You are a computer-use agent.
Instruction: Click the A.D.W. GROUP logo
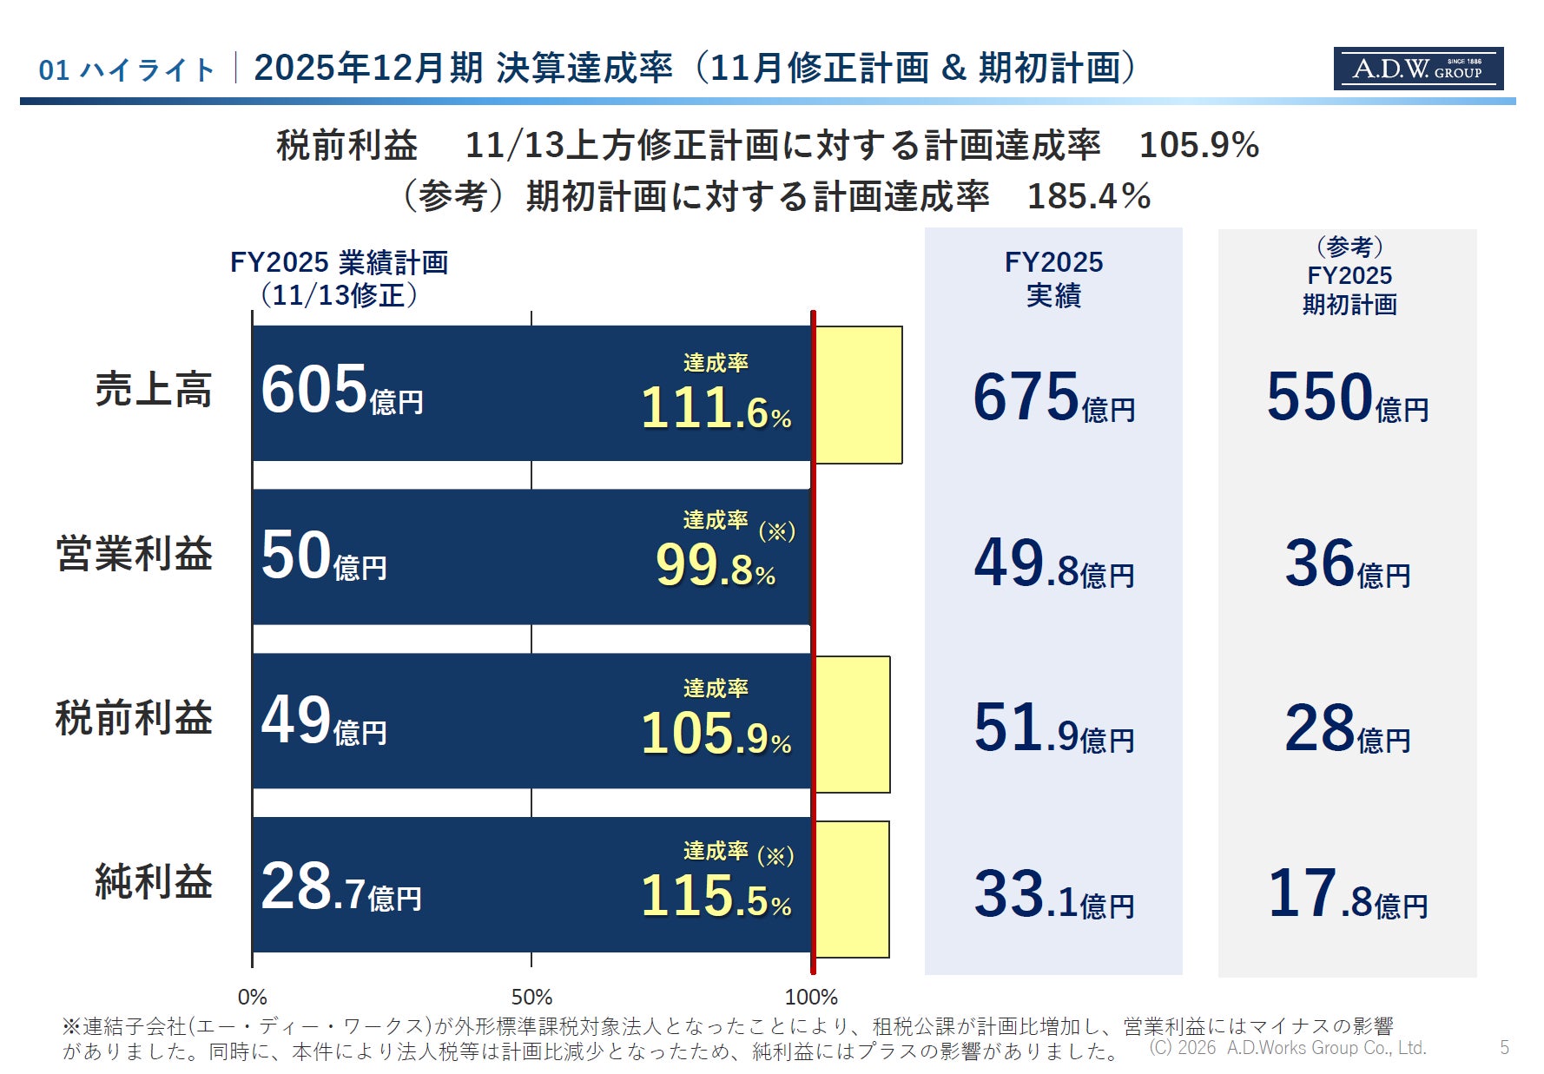pos(1417,69)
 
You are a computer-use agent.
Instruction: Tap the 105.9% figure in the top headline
pos(1198,145)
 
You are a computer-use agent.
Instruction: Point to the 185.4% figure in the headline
pos(1088,196)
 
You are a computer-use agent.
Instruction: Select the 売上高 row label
pos(154,388)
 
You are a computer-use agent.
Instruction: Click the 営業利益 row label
pos(135,553)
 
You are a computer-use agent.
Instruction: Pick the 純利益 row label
pos(154,881)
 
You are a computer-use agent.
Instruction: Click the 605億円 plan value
pos(341,391)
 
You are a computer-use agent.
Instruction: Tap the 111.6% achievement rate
pos(716,407)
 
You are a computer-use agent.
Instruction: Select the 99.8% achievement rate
pos(715,565)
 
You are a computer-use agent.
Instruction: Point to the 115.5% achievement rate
pos(716,895)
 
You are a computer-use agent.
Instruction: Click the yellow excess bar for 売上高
pos(858,395)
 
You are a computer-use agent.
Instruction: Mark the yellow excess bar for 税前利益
pos(852,724)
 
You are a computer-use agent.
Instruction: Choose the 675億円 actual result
pos(1053,399)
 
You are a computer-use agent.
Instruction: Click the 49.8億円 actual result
pos(1053,564)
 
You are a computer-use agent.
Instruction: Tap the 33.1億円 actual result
pos(1053,895)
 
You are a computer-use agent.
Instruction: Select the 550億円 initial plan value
pos(1347,399)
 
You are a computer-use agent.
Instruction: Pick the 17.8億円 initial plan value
pos(1347,895)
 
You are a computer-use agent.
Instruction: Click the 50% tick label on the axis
pos(531,997)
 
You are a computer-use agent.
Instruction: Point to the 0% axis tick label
pos(252,997)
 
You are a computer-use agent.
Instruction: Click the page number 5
pos(1504,1048)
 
